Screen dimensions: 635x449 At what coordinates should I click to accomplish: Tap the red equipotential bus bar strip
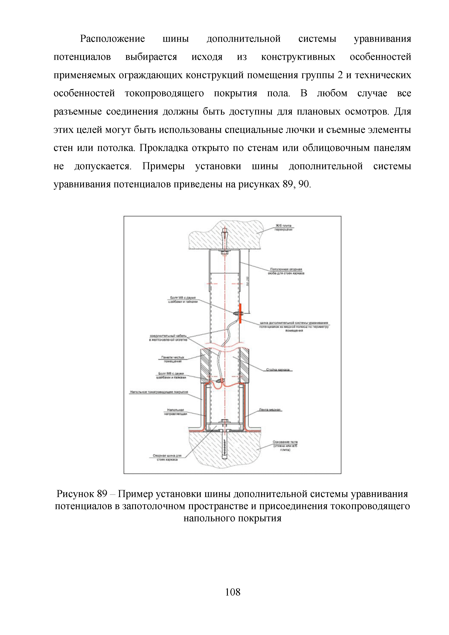click(241, 313)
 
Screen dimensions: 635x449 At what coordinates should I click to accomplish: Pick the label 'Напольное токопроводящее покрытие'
click(159, 392)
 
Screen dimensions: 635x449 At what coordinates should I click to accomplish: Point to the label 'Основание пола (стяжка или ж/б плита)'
click(285, 446)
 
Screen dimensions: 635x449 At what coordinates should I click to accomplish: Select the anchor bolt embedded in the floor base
click(224, 447)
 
